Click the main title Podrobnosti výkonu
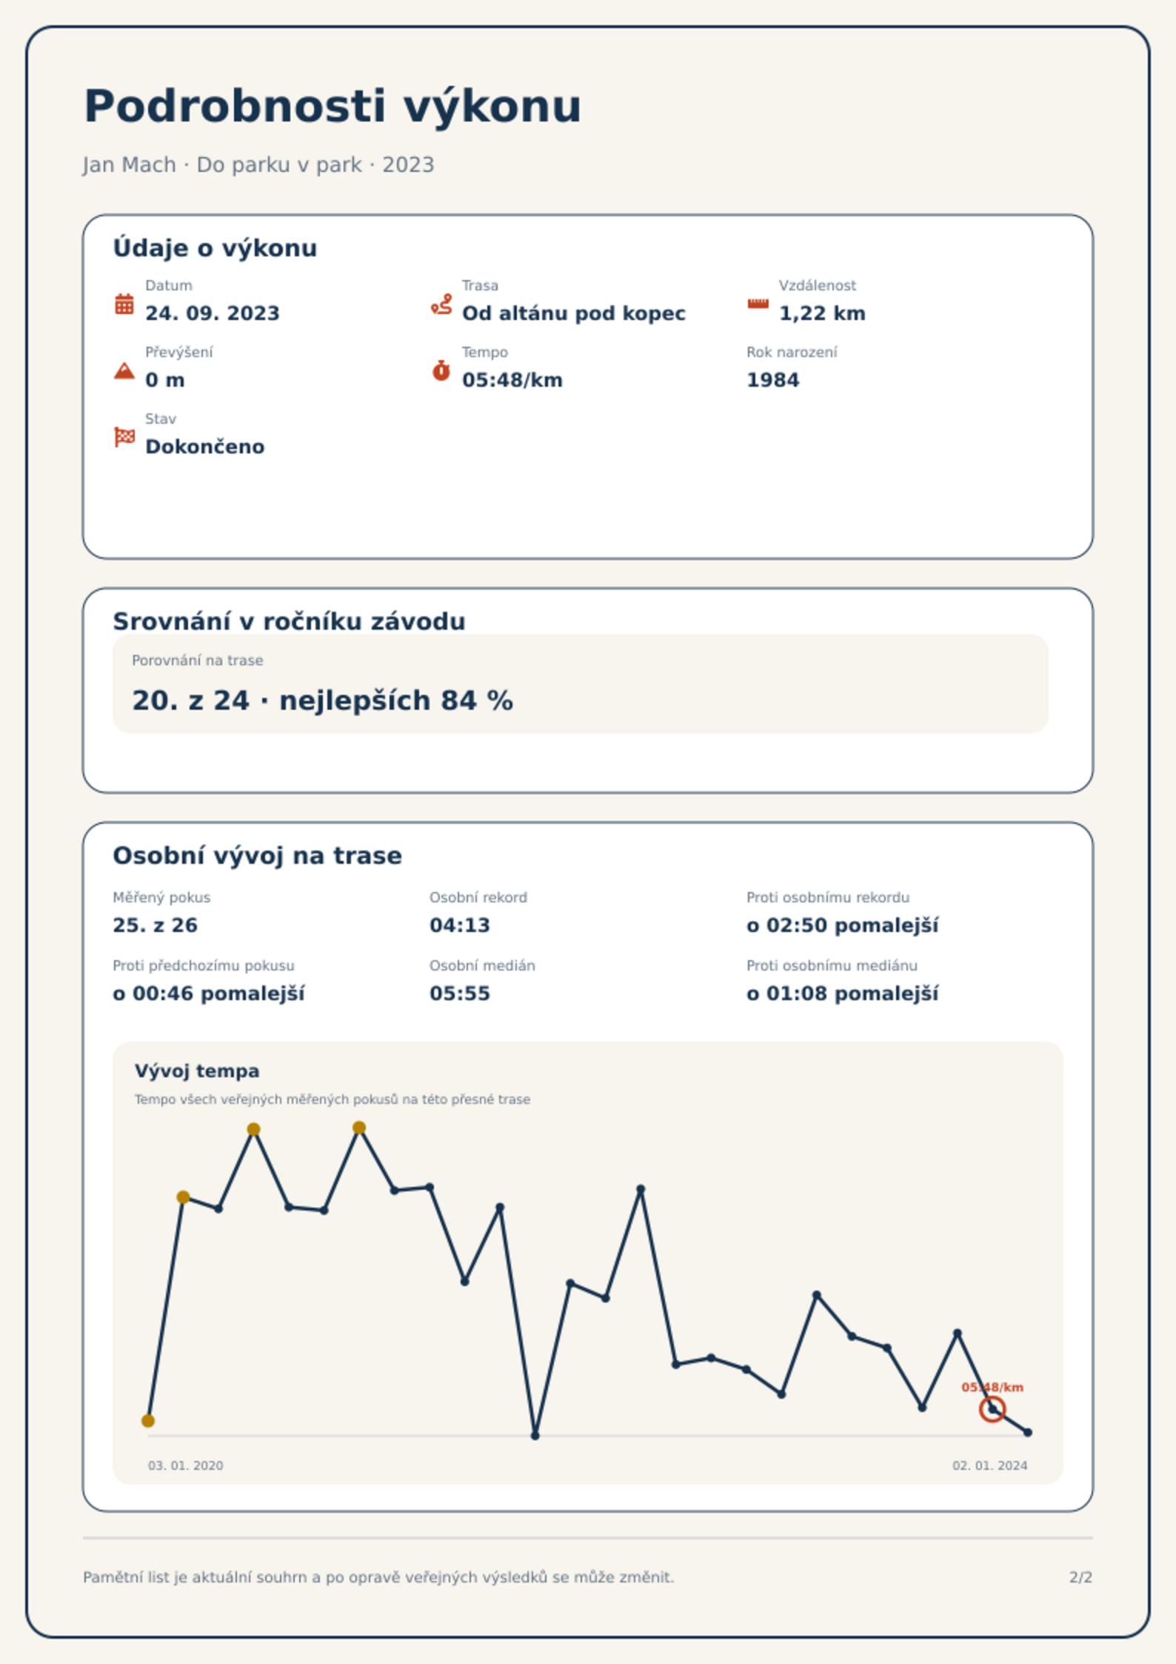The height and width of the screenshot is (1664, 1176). coord(333,107)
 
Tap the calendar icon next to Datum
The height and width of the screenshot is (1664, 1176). coord(124,304)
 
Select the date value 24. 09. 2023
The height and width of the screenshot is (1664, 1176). coord(213,313)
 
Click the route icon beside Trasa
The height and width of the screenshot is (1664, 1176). coord(441,304)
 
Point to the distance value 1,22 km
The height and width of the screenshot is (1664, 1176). coord(822,313)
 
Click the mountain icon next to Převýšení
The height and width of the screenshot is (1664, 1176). coord(124,370)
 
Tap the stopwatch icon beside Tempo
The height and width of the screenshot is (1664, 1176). coord(441,370)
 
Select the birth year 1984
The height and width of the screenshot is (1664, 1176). coord(772,380)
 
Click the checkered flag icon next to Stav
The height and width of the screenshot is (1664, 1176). coord(124,437)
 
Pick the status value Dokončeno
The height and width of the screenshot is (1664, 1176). coord(204,447)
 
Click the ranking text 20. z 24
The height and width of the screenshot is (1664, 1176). coord(190,700)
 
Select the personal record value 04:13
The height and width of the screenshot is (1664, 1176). coord(459,925)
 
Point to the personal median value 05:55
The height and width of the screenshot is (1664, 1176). coord(459,994)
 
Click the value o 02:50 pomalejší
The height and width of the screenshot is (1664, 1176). coord(842,925)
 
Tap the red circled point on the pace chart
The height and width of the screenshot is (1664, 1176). coord(992,1409)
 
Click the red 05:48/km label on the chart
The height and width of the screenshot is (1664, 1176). coord(992,1387)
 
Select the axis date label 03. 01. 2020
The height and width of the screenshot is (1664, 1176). coord(185,1465)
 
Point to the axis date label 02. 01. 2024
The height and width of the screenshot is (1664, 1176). coord(989,1465)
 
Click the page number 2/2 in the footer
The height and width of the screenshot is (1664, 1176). coord(1080,1577)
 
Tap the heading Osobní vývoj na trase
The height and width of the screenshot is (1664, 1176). coord(257,856)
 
